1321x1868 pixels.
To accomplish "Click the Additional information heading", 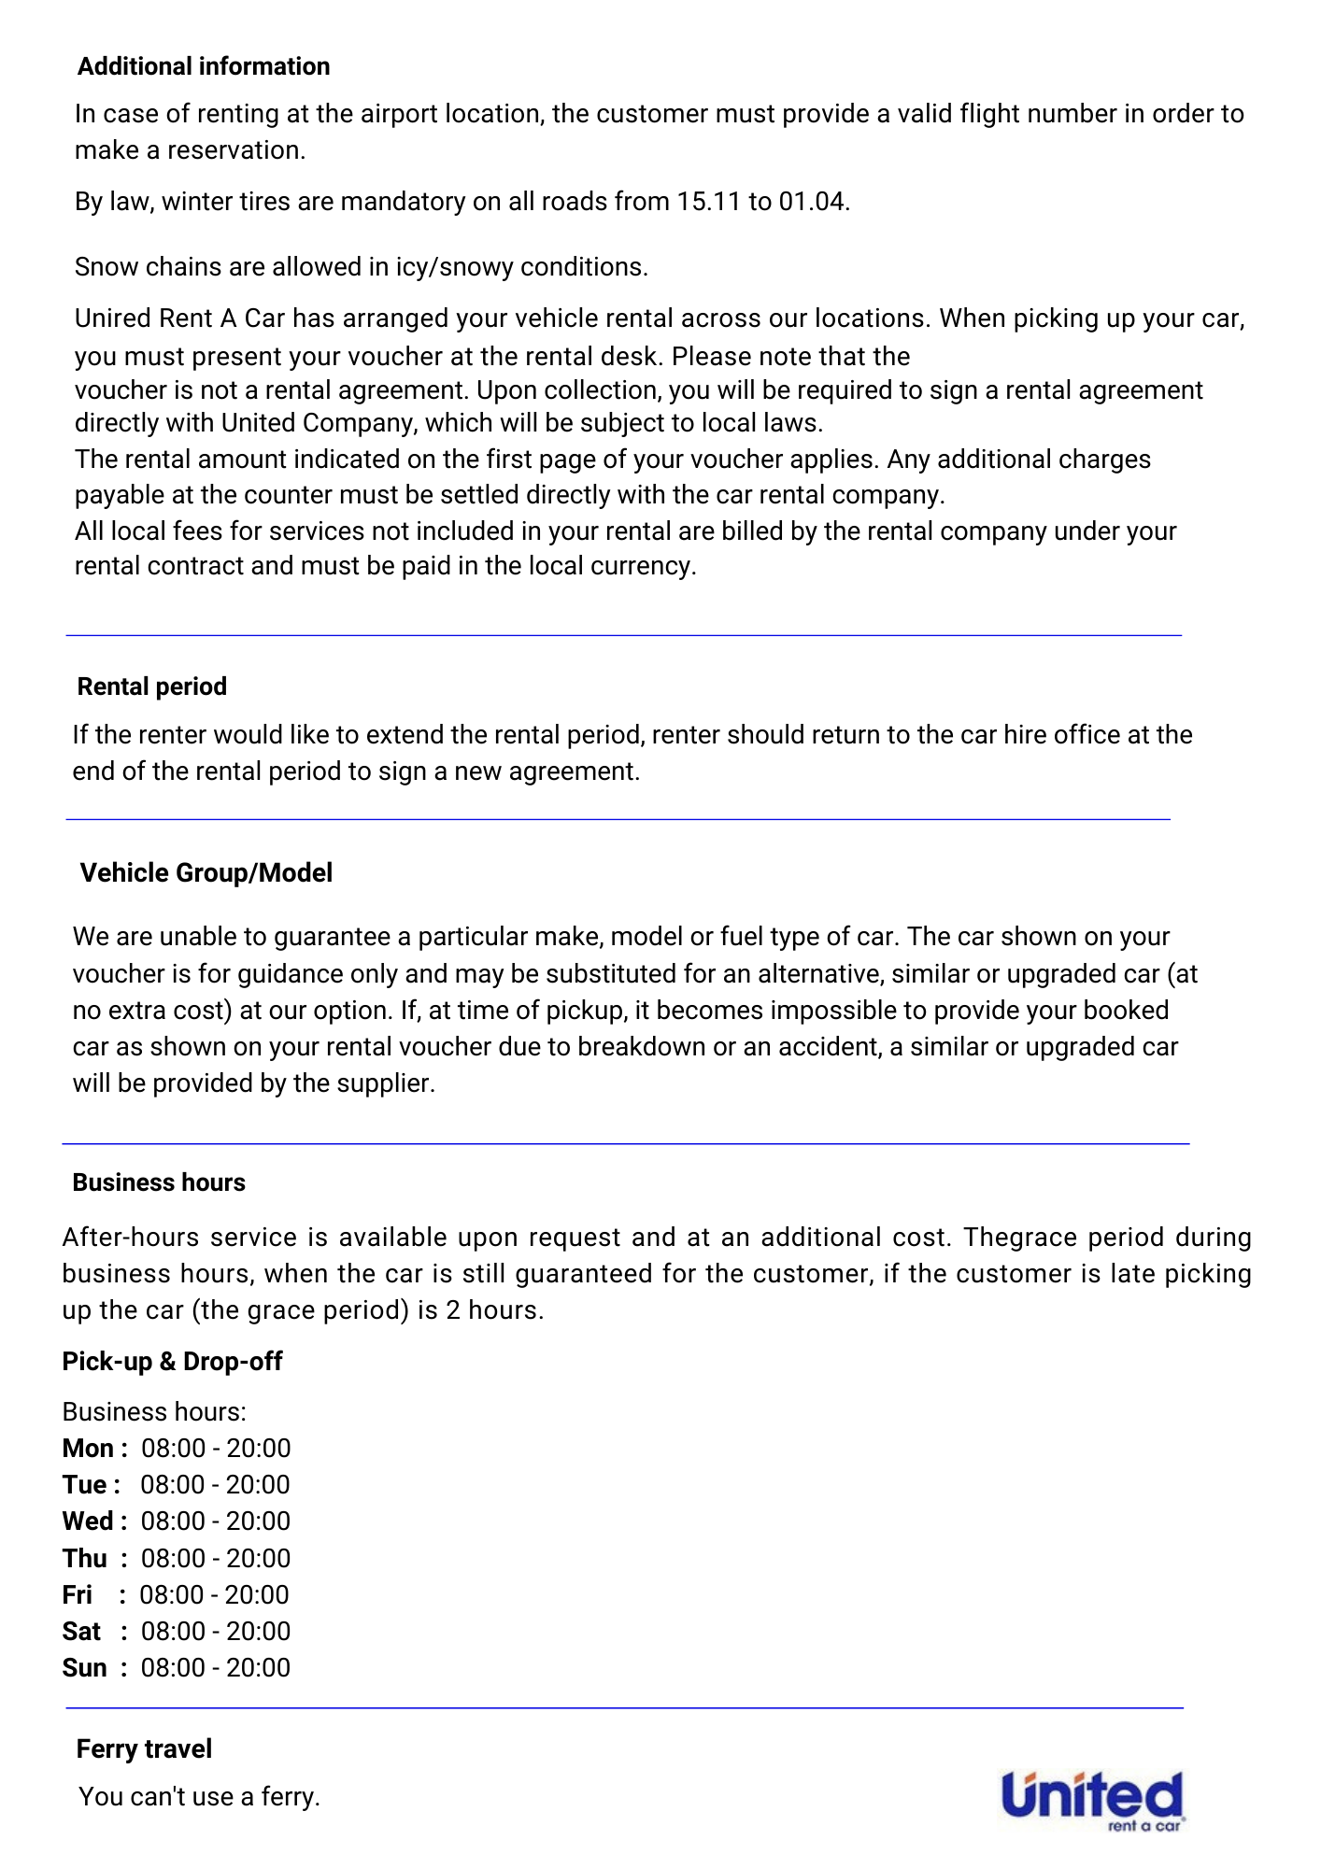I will click(204, 66).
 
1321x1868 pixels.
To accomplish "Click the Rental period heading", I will click(152, 686).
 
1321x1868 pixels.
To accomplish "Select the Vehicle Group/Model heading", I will click(206, 872).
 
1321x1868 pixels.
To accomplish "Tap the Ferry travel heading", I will click(144, 1748).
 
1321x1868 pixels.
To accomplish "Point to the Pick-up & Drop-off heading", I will click(172, 1361).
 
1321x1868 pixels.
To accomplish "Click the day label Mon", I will click(88, 1448).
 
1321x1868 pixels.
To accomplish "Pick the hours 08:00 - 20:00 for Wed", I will click(216, 1521).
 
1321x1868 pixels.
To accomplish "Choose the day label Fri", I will click(78, 1594).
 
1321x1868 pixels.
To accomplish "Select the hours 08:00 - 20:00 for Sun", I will click(216, 1667).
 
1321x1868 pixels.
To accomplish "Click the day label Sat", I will click(81, 1631).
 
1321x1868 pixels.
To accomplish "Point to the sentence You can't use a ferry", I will click(199, 1796).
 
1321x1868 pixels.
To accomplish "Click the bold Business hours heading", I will click(159, 1182).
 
